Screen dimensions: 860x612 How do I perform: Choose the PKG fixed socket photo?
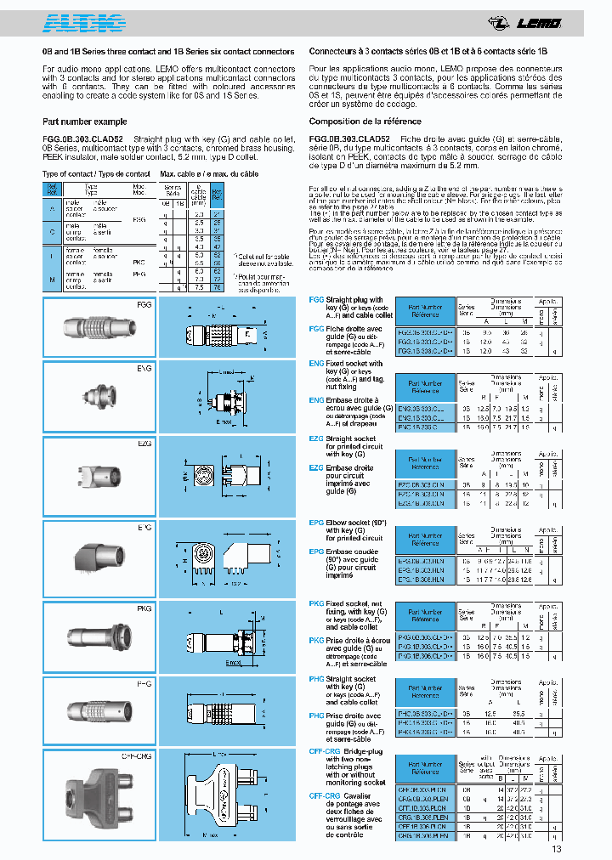point(93,638)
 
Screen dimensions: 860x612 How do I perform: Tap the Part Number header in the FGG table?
point(425,310)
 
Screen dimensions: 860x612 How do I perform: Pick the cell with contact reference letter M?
point(53,277)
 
